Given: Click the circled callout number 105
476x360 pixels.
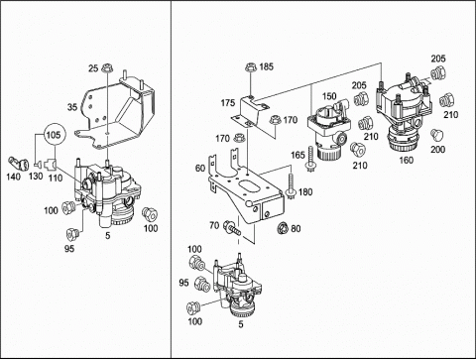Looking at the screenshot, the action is pos(54,135).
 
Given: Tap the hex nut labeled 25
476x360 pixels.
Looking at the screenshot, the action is pos(107,68).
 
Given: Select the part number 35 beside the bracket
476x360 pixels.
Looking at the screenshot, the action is pos(72,107).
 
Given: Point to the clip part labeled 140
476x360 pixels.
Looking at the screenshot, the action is pos(18,164).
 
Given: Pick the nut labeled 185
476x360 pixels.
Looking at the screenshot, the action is pos(251,67).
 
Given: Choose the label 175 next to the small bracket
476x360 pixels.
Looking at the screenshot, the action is pos(228,103).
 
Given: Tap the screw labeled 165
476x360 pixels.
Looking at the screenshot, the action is pos(310,159).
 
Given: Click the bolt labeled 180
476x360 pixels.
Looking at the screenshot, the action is pos(291,187).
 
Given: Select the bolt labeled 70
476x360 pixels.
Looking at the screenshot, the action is pos(231,227).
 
